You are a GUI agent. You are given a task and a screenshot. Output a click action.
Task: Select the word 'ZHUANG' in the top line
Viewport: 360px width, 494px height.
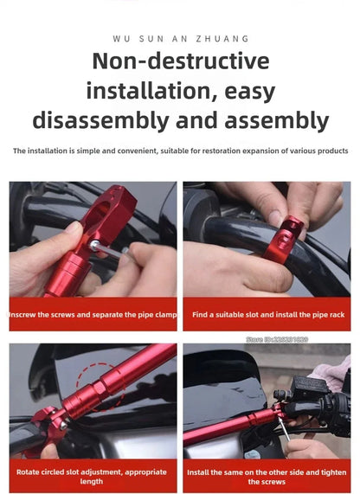pyautogui.click(x=222, y=38)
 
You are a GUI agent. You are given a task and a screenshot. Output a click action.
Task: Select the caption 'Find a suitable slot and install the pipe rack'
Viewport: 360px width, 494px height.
pyautogui.click(x=268, y=315)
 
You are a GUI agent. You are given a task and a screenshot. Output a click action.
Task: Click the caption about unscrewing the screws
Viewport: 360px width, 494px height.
pyautogui.click(x=93, y=315)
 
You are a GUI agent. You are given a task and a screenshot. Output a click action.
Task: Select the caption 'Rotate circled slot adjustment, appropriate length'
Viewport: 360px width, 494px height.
pyautogui.click(x=93, y=477)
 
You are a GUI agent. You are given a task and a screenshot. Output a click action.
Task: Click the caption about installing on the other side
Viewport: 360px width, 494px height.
pyautogui.click(x=268, y=477)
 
